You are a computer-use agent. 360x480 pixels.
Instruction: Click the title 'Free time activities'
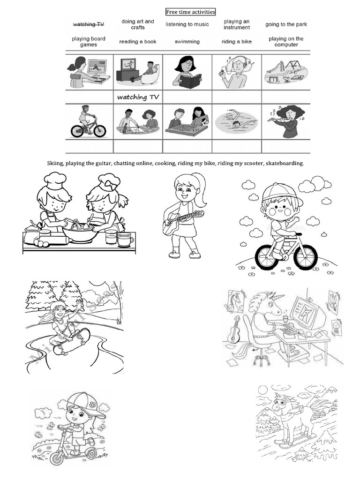pos(190,12)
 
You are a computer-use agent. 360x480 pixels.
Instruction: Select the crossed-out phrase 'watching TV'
pos(89,24)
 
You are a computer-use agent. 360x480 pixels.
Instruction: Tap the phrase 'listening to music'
pos(187,24)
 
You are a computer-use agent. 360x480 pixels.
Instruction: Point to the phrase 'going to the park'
pos(286,24)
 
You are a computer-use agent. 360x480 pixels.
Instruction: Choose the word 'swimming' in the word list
pos(187,42)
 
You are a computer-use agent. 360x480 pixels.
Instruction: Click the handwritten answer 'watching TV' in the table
pos(138,97)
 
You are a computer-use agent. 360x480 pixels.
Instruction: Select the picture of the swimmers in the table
pos(236,121)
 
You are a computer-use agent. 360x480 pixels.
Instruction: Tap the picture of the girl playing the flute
pos(286,120)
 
